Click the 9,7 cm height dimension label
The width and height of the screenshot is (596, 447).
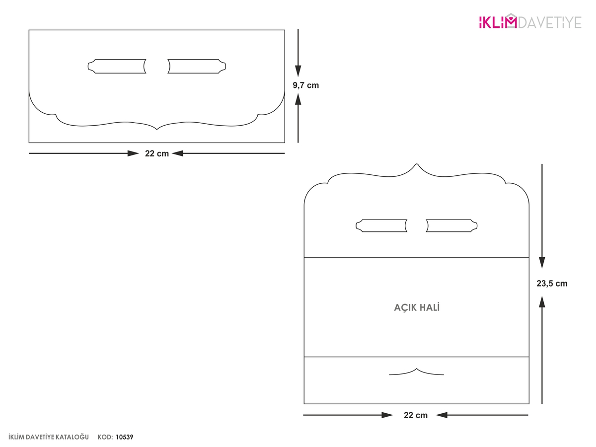coord(305,85)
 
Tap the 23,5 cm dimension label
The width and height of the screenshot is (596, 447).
coord(552,283)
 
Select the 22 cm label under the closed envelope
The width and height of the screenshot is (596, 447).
coord(156,153)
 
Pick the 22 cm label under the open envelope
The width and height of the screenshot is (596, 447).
coord(415,415)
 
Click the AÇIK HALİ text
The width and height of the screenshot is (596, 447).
coord(417,307)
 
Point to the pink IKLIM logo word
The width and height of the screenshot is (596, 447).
coord(498,22)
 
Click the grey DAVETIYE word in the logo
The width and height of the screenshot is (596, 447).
coord(550,22)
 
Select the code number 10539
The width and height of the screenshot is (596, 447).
coord(124,437)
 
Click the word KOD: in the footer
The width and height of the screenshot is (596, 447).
coord(105,437)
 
